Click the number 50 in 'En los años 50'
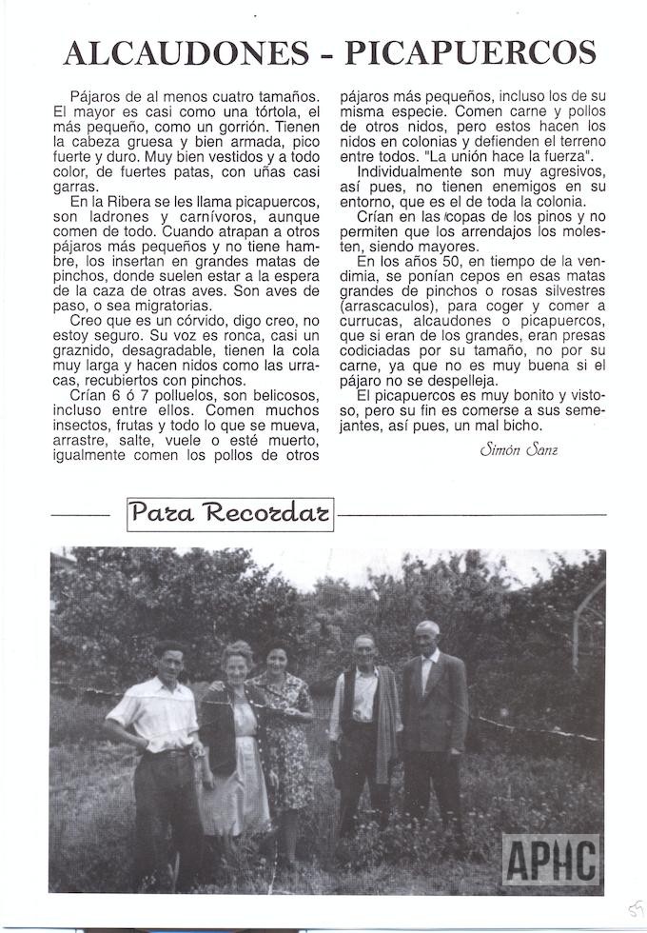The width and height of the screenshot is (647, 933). [436, 260]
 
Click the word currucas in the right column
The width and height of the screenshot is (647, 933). [371, 323]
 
